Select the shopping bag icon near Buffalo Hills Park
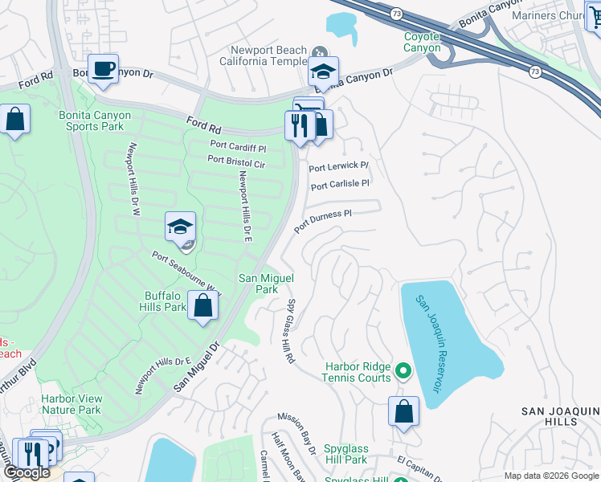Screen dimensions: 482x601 tap(203, 306)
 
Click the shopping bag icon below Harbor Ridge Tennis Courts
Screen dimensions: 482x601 tap(403, 412)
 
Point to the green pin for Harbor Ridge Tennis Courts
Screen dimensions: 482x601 tap(403, 372)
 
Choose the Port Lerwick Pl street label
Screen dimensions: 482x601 tap(339, 166)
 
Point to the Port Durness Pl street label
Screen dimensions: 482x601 tap(323, 221)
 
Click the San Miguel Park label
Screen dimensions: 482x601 tap(260, 284)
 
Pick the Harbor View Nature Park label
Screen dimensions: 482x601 tap(72, 404)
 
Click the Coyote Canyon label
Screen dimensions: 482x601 tap(422, 42)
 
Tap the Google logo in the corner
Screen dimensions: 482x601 tap(27, 473)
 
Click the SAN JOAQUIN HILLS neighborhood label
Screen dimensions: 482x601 tap(560, 416)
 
